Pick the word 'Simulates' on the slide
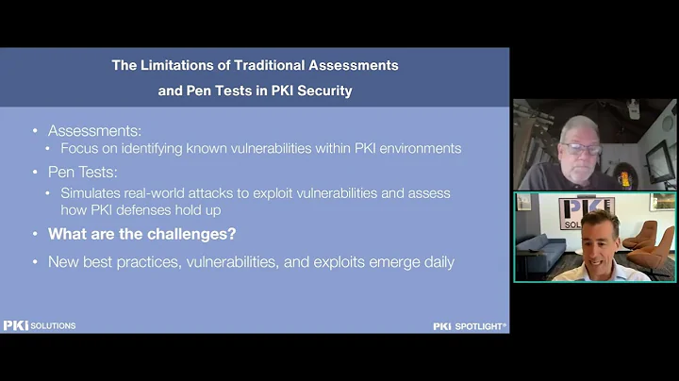[91, 192]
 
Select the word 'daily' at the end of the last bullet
[437, 261]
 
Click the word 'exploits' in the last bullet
[336, 261]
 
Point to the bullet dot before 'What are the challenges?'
[36, 234]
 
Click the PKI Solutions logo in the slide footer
[39, 325]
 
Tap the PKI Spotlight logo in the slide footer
[470, 325]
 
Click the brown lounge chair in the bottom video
[651, 247]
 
